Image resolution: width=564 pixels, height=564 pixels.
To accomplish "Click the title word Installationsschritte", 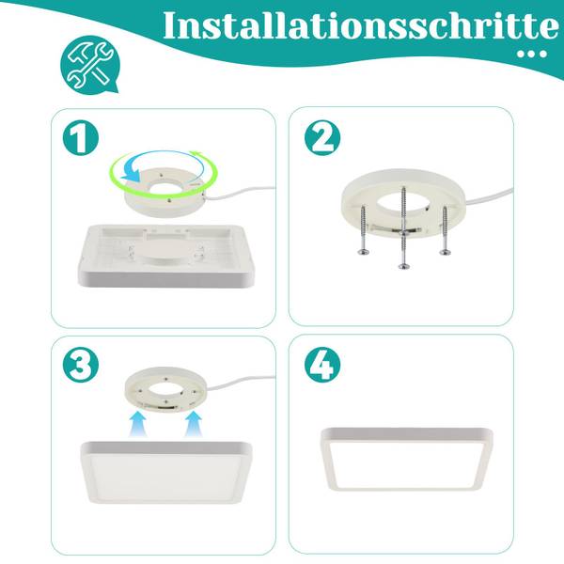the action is coord(361,26).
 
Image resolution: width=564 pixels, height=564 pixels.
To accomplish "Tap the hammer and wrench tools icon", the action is coord(89,65).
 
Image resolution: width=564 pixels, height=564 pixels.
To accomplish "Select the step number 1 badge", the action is coord(81,137).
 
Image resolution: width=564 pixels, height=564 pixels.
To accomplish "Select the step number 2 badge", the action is coord(322,137).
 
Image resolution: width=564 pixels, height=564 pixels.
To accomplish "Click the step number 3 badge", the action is coord(81,365).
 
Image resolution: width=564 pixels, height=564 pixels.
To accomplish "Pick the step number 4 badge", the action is coord(322,365).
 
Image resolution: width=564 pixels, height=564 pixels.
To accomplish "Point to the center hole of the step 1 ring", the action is coord(166,187).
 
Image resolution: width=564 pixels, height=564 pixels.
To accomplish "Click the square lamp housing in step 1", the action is coord(165,256).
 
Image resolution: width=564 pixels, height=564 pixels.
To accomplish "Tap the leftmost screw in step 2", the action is coord(364,229).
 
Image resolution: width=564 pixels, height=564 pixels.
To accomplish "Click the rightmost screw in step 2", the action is coord(446,230).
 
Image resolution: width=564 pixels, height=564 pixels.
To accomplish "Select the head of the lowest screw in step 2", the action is coord(404,266).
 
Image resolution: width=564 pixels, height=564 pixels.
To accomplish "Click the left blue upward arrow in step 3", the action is coord(137,424).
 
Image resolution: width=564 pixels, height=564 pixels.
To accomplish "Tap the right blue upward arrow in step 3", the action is coord(194,424).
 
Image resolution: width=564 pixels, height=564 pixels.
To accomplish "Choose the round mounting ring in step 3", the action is coord(166,390).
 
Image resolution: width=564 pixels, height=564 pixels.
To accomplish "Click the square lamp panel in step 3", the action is coord(165,472).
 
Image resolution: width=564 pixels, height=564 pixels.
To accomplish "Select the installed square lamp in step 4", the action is coord(407,459).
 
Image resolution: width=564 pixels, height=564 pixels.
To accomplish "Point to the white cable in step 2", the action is coord(489,196).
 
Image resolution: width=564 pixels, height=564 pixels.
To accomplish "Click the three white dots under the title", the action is coord(532,54).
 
